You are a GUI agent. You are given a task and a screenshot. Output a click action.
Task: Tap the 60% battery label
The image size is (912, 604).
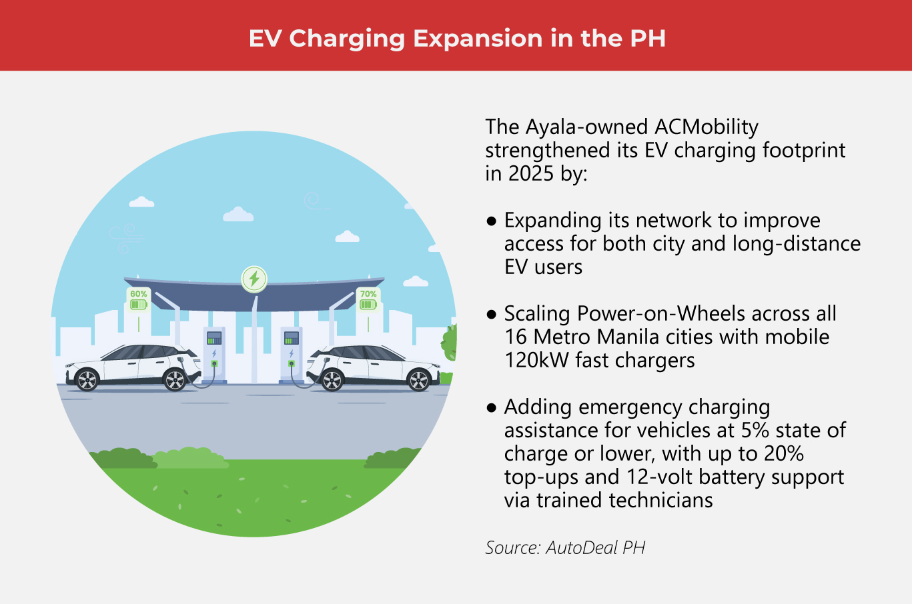click(x=138, y=294)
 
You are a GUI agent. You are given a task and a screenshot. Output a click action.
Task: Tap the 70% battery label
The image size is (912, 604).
click(x=368, y=294)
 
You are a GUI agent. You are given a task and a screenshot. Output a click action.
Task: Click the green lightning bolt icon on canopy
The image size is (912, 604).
click(x=254, y=279)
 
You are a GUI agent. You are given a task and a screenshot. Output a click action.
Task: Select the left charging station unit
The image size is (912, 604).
click(x=214, y=353)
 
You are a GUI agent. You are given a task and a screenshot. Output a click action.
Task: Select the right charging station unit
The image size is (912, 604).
click(x=292, y=353)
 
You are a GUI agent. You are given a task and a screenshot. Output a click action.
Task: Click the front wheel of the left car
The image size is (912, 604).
click(x=175, y=380)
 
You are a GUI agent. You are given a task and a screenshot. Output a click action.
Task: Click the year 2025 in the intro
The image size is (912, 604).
click(x=531, y=173)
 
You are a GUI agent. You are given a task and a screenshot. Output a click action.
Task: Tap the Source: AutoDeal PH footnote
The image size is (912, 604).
click(x=565, y=548)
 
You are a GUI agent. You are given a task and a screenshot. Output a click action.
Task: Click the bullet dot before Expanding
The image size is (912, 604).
click(x=492, y=221)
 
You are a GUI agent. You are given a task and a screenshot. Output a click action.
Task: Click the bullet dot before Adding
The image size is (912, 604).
click(x=492, y=407)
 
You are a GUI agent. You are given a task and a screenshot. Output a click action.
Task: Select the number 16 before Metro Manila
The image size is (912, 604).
click(x=516, y=337)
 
